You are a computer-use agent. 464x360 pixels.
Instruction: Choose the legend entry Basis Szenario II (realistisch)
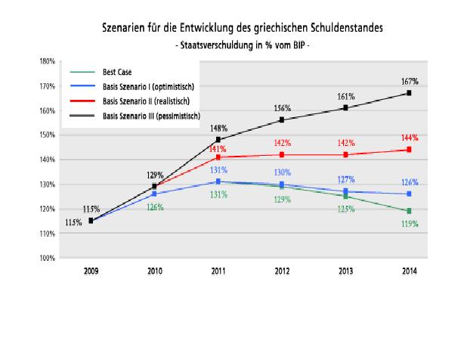point(144,100)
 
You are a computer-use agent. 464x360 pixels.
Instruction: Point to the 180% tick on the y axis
point(48,61)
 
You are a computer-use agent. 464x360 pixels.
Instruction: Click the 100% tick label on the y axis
point(48,258)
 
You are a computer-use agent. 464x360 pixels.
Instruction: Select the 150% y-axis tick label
point(48,135)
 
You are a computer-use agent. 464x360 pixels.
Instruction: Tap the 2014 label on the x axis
point(408,269)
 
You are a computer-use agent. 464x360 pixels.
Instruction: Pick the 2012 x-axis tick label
point(282,269)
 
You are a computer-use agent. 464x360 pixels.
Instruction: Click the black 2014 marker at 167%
point(408,93)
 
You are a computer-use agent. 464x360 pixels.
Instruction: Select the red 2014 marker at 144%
point(408,150)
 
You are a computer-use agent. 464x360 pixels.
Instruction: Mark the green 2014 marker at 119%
point(408,211)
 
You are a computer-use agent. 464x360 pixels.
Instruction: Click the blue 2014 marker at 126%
point(408,194)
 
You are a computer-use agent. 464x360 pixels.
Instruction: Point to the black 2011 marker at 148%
point(218,140)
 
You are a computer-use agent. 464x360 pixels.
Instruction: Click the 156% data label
point(282,108)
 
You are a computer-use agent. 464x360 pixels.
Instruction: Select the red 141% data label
point(218,150)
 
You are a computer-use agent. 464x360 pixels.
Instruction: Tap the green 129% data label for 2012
point(282,199)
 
